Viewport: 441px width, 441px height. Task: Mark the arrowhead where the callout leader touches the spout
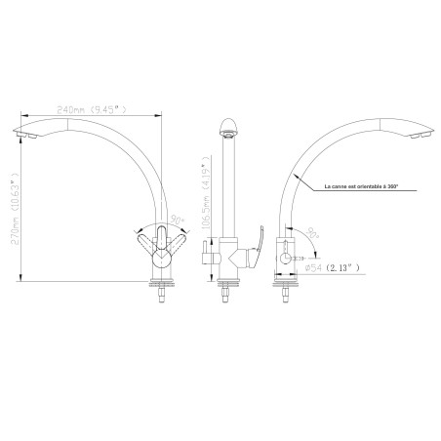click(x=296, y=177)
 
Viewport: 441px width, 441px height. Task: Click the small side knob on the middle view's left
click(x=204, y=259)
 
